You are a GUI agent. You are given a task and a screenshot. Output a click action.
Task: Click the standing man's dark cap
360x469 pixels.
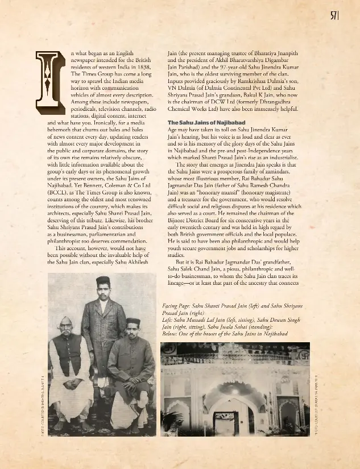(102, 280)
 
